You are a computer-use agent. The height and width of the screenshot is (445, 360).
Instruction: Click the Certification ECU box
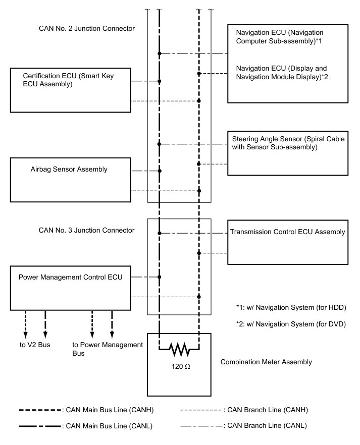point(71,90)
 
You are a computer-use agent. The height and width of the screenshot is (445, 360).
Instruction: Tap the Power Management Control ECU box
point(71,288)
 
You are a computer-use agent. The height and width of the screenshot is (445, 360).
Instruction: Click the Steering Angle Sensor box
point(288,153)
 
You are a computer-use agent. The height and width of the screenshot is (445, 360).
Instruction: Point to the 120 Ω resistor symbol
point(179,348)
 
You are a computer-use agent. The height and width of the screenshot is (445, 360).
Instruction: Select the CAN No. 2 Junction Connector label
point(87,28)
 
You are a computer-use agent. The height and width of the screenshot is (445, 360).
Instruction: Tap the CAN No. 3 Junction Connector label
point(87,230)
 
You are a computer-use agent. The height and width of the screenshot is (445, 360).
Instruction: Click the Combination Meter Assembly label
point(266,362)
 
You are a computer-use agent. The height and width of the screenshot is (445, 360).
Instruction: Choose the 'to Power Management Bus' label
point(108,349)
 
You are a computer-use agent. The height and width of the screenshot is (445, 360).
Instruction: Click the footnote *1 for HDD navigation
point(291,307)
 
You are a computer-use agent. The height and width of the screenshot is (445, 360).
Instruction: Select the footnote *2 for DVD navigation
point(291,324)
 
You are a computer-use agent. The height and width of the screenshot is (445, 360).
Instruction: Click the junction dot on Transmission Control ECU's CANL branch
point(160,233)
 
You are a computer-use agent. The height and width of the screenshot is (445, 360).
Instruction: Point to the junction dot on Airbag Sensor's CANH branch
point(199,191)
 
